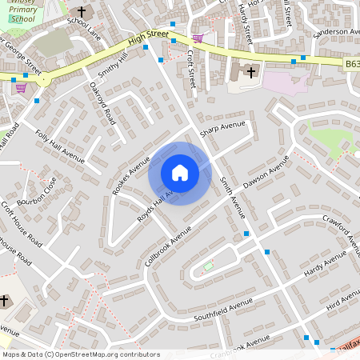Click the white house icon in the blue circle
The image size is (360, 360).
180,173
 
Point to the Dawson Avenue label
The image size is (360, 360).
266,171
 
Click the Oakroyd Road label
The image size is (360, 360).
102,102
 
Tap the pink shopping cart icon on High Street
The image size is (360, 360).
198,38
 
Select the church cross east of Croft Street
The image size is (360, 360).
251,73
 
